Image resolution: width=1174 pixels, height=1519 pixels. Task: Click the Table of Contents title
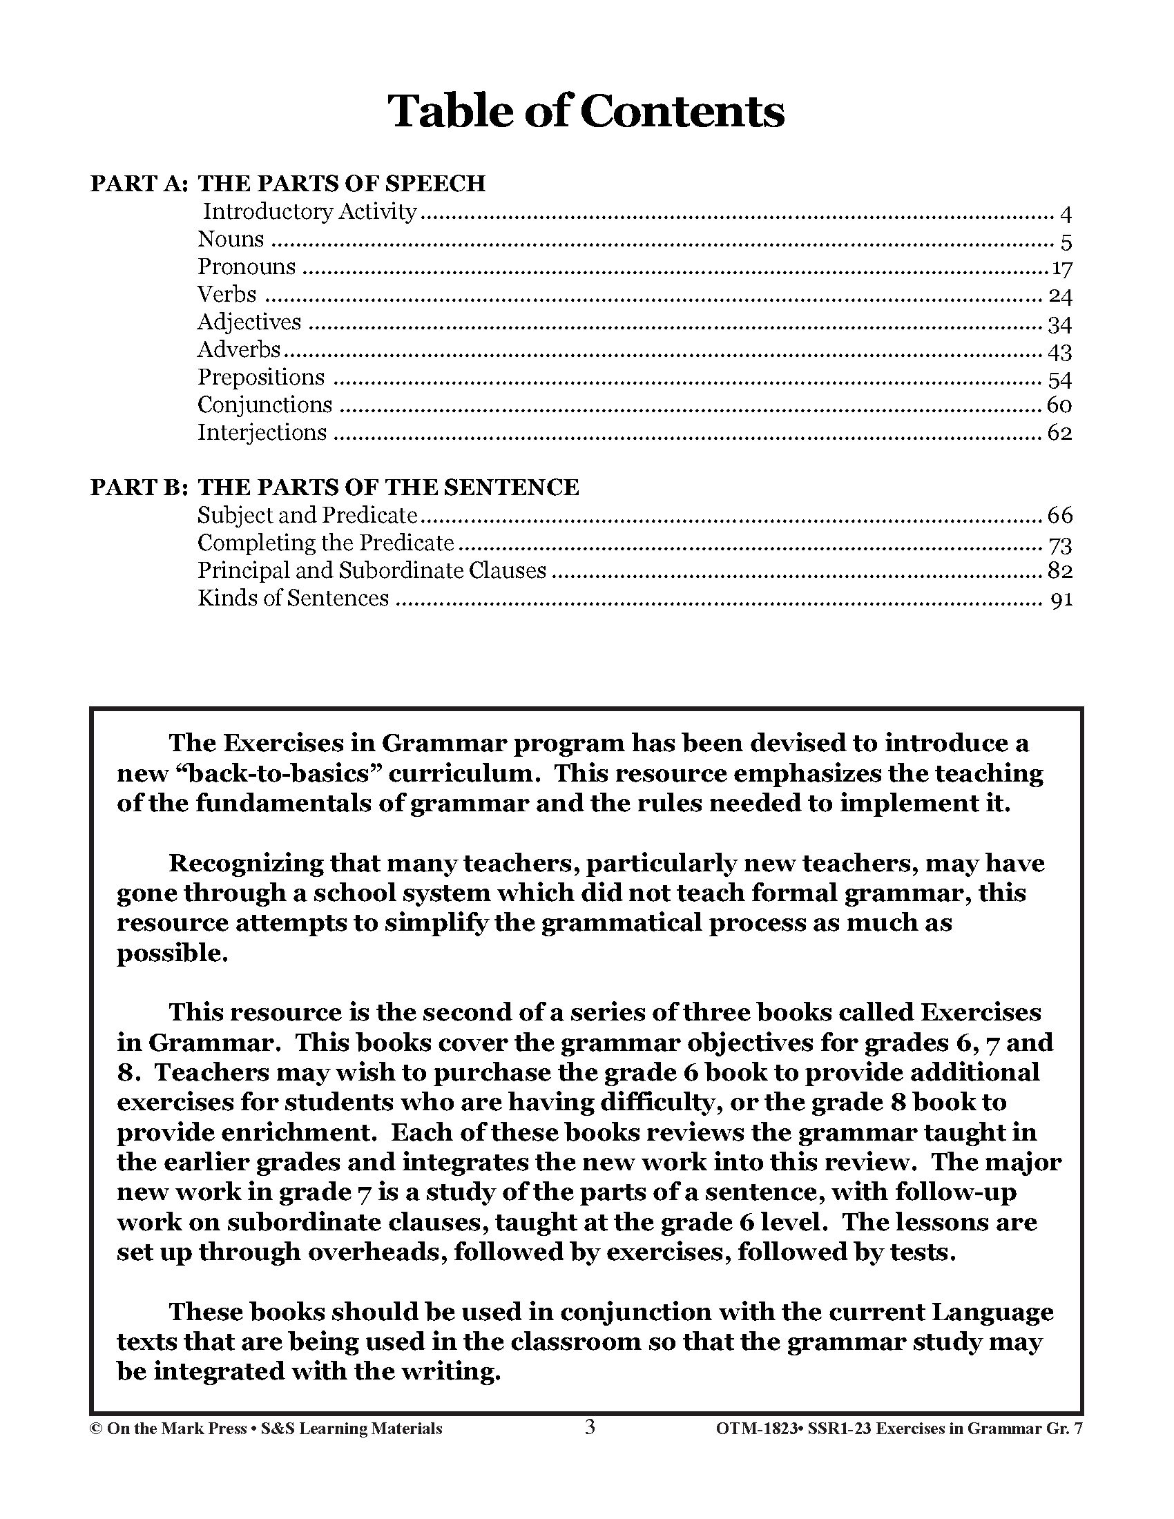[x=586, y=111]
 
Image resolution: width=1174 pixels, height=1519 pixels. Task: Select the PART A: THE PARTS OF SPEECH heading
[x=288, y=184]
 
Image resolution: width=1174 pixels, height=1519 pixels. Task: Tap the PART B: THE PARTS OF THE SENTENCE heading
[x=334, y=487]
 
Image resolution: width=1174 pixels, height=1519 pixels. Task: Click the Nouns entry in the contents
[x=231, y=240]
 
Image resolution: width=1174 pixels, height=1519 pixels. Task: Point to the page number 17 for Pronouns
[x=1061, y=269]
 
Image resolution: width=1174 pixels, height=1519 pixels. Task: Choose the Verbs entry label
[x=227, y=295]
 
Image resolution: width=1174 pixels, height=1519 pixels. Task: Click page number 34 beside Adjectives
[x=1059, y=324]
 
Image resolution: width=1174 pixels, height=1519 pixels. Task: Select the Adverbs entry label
[x=239, y=350]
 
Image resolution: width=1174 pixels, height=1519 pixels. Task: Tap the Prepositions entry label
[x=261, y=378]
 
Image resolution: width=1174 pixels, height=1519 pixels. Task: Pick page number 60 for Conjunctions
[x=1059, y=405]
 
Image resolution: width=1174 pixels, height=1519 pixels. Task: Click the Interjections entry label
[x=262, y=433]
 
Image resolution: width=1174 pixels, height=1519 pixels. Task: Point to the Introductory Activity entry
[x=310, y=211]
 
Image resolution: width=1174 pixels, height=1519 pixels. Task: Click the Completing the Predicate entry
[x=325, y=543]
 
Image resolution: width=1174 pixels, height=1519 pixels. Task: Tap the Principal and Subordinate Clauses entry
[x=372, y=571]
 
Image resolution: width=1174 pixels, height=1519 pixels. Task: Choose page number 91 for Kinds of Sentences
[x=1062, y=599]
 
